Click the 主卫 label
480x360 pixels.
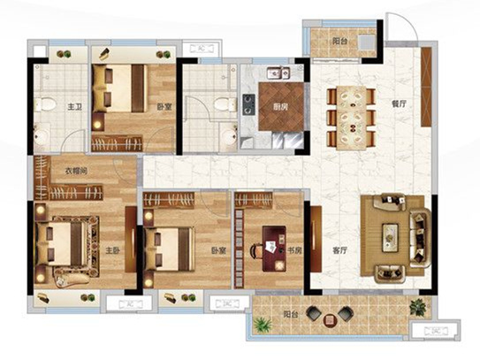coord(75,107)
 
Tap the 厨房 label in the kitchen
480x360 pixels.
coord(280,107)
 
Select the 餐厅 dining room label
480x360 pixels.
coord(400,103)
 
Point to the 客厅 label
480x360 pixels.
coord(339,250)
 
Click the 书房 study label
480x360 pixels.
coord(294,250)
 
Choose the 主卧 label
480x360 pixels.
coord(112,250)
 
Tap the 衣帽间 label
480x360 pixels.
coord(76,171)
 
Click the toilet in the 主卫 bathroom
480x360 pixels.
coord(45,104)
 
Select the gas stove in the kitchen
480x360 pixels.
coord(249,104)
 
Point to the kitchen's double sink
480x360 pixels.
coord(278,73)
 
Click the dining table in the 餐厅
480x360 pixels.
coord(352,118)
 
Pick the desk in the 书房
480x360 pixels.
coord(274,249)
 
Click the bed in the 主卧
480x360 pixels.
coord(60,243)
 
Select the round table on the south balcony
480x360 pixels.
coord(330,320)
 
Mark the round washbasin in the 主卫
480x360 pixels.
coord(42,136)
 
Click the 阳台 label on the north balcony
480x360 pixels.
coord(339,41)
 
